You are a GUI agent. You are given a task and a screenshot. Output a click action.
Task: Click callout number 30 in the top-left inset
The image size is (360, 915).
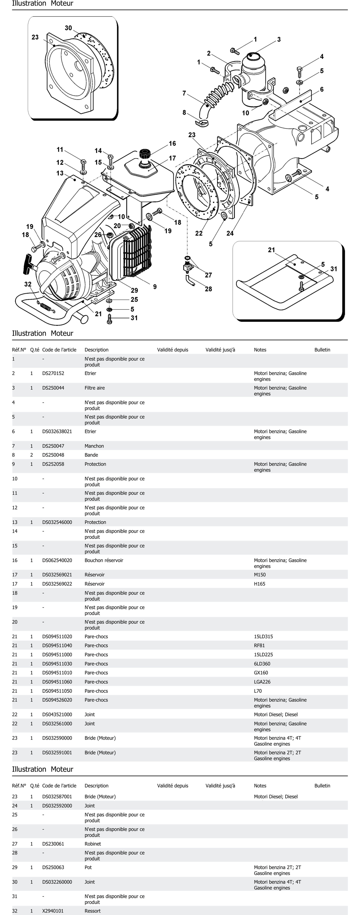pos(68,28)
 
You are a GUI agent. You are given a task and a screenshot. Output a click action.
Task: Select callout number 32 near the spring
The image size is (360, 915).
pos(28,284)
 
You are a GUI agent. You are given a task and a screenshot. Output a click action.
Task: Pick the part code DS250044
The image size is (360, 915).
pos(53,388)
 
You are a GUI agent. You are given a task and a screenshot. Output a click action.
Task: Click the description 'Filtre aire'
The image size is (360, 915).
pos(95,388)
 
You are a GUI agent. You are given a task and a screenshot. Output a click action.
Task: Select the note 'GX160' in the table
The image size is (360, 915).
pos(261,673)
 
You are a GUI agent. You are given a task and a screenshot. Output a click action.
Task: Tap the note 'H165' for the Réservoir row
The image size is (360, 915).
pos(259,584)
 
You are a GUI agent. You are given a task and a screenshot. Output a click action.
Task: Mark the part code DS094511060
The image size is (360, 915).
pos(57,682)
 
